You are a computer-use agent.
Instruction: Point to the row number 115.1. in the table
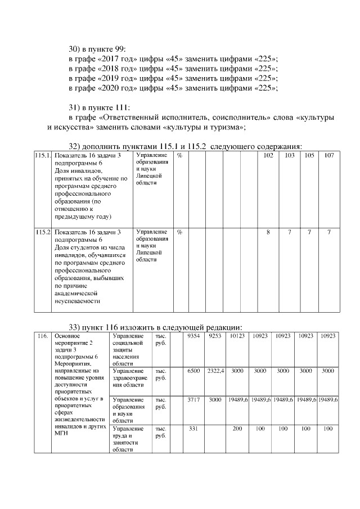point(43,155)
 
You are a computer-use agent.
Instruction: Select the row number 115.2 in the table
point(43,232)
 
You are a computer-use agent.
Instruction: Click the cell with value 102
point(268,155)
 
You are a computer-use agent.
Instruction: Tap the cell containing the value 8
point(268,232)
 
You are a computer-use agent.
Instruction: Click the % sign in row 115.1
point(179,155)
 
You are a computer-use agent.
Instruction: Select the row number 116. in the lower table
point(42,336)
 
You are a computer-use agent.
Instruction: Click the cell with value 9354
point(193,336)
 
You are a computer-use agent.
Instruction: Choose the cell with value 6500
point(193,371)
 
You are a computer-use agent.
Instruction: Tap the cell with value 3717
point(193,400)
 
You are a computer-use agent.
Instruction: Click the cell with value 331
point(193,429)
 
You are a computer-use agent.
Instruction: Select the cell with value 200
point(237,429)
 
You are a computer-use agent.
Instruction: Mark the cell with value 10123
point(237,336)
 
